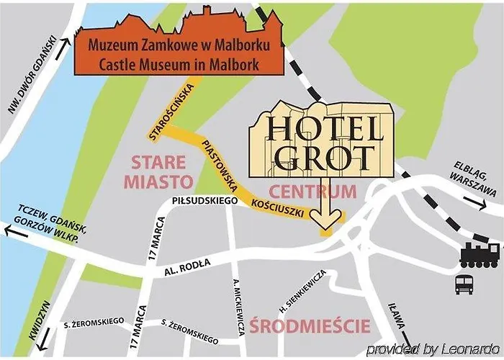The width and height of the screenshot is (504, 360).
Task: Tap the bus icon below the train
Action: pos(464,283)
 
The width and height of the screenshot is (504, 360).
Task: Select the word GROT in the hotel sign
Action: pos(321,156)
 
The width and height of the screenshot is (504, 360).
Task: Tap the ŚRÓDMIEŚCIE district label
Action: pos(310,325)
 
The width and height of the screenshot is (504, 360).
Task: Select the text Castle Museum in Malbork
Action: pos(174,64)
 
